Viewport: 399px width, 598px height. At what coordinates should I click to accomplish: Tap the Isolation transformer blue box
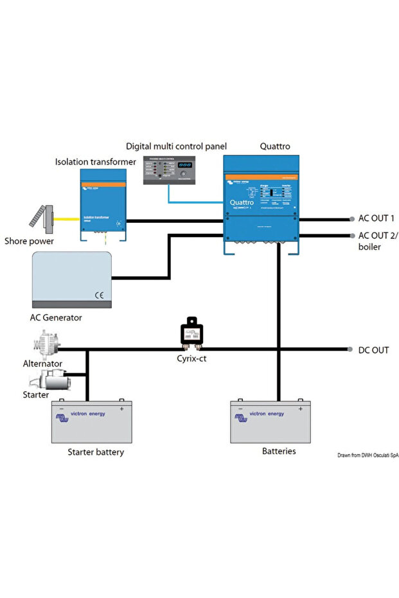point(103,204)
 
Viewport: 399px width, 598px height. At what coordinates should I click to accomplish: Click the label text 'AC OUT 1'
point(377,218)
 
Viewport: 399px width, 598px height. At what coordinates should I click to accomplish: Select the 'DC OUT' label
point(374,350)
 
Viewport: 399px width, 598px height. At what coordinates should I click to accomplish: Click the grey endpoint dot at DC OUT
point(351,350)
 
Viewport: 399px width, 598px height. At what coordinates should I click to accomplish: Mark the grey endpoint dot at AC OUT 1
point(351,219)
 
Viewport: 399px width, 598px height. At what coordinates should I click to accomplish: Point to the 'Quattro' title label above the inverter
point(274,146)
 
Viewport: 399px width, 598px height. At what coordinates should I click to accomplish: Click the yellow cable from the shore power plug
point(67,219)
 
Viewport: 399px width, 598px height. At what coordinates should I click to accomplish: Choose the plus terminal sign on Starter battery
point(121,409)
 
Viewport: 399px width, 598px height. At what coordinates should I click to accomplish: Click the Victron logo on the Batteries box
point(242,418)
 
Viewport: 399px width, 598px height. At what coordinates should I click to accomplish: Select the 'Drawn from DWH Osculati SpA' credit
point(368,455)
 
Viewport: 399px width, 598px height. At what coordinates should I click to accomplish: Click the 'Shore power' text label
point(29,242)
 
